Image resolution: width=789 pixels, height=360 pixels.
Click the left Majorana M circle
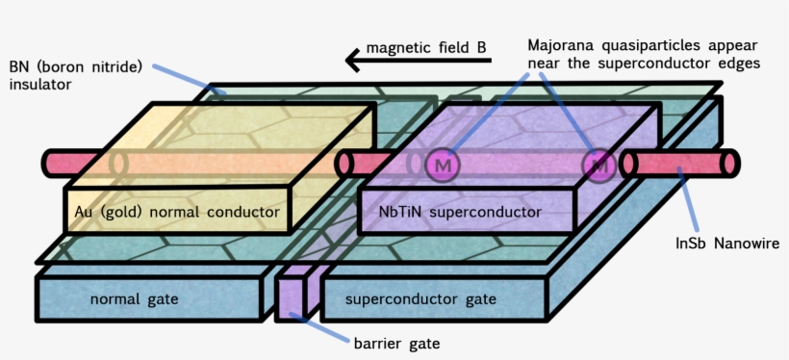tap(444, 166)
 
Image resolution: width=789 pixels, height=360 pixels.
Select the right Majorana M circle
tap(600, 166)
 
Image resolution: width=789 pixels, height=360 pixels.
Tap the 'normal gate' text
tap(135, 299)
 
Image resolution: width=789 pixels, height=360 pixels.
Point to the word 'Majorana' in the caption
tap(561, 45)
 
